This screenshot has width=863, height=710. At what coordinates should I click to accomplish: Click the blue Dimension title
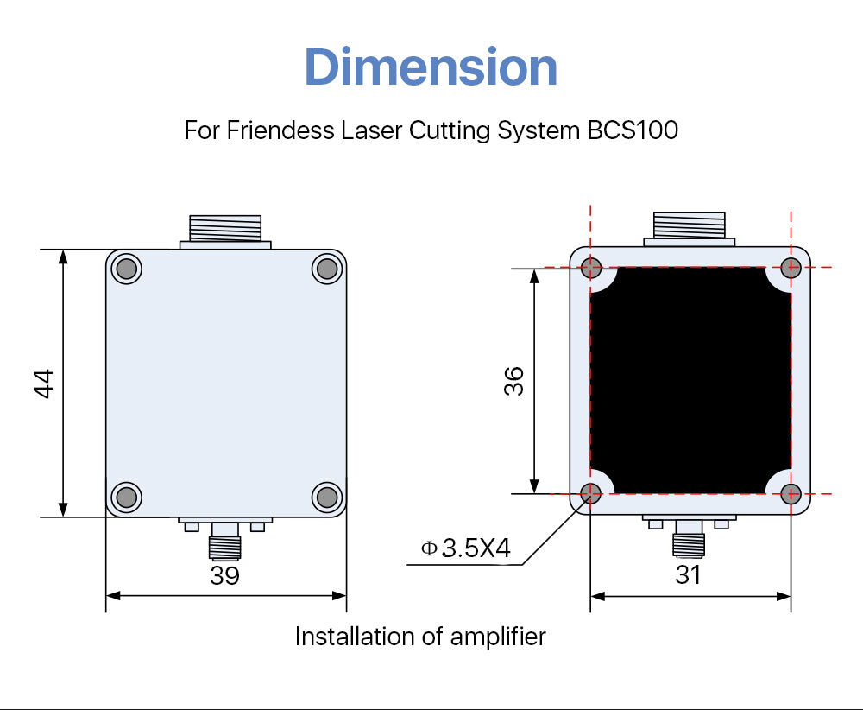pos(431,67)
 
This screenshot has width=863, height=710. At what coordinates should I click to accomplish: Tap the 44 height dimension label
pos(43,384)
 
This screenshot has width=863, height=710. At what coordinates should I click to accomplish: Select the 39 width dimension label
pos(224,575)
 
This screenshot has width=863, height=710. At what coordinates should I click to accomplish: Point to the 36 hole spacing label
pos(513,381)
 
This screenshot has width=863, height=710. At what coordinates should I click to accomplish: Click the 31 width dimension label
pos(688,575)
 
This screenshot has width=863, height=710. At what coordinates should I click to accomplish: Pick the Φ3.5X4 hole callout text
pos(466,548)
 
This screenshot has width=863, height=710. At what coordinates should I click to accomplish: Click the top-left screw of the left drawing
pos(127,269)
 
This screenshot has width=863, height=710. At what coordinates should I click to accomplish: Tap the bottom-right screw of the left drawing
pos(327,497)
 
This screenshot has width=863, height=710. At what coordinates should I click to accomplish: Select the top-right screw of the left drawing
pos(327,269)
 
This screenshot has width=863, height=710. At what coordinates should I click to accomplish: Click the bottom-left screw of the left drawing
pos(127,497)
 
